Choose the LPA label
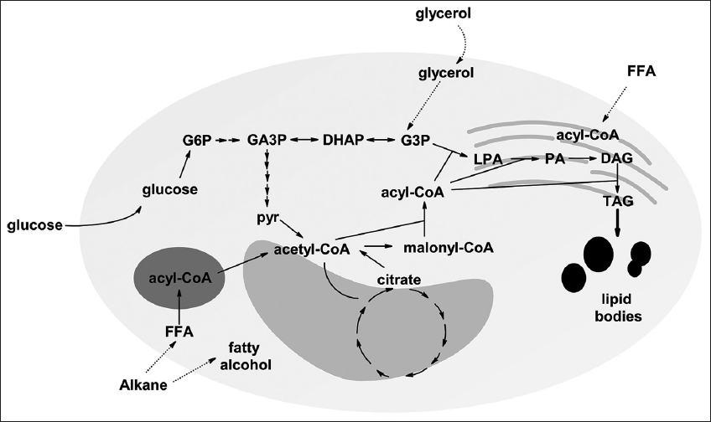(x=488, y=158)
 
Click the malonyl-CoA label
(x=448, y=248)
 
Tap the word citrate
(x=398, y=278)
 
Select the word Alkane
(x=143, y=386)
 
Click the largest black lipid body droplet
(x=599, y=255)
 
